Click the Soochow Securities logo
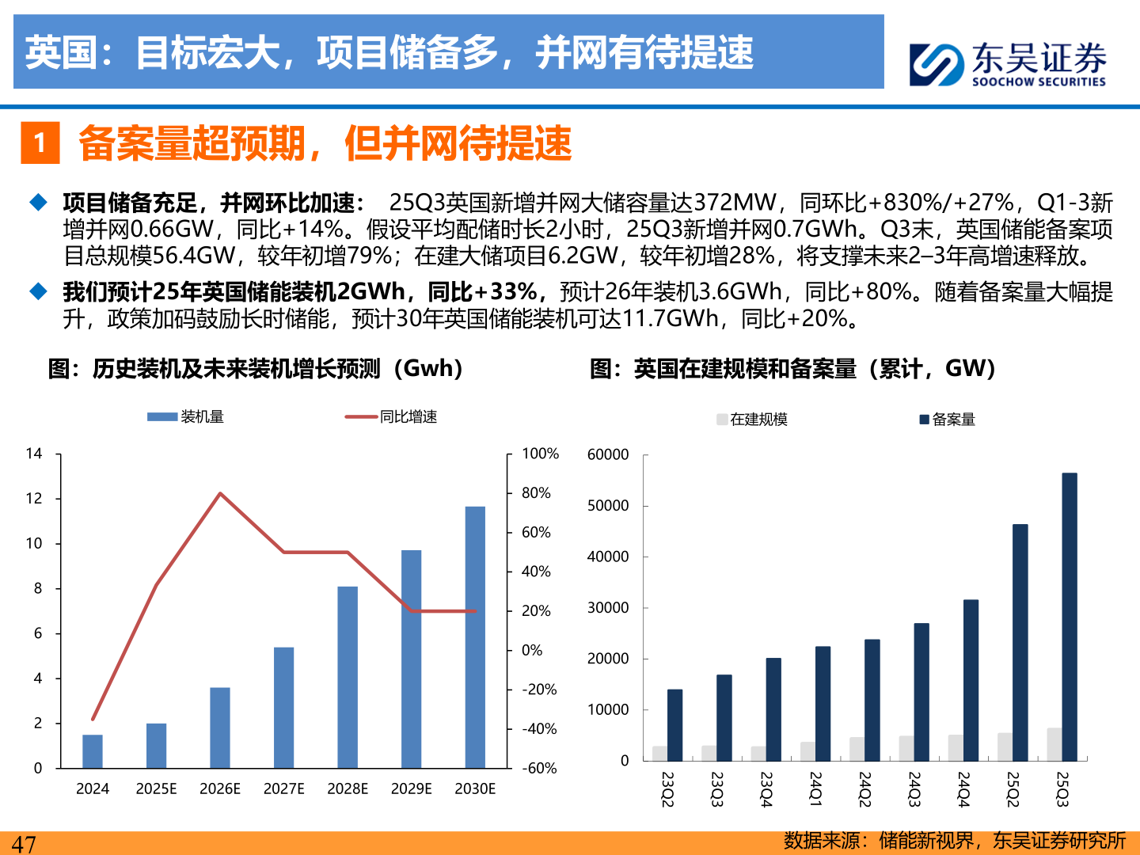(1007, 63)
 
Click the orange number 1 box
(40, 143)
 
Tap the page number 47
(24, 844)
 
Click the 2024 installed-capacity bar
(93, 751)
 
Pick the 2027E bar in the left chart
(283, 708)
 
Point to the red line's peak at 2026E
(220, 493)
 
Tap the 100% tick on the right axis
(540, 454)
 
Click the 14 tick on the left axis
(34, 454)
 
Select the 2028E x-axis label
(348, 788)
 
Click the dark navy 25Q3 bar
(1070, 617)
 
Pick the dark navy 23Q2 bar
(674, 725)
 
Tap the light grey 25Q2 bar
(1005, 747)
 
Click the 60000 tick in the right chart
(608, 454)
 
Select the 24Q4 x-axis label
(963, 789)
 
